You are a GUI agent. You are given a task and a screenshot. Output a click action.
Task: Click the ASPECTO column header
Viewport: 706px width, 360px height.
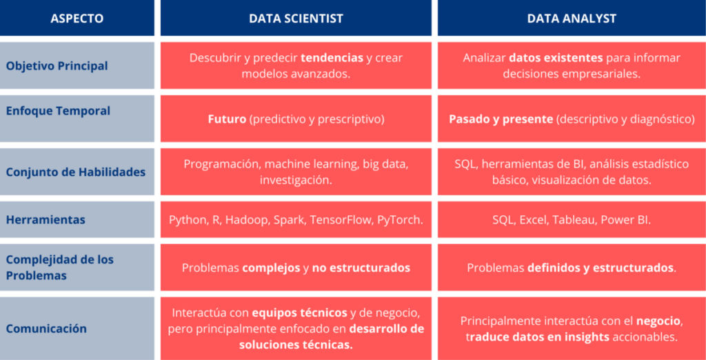[77, 19]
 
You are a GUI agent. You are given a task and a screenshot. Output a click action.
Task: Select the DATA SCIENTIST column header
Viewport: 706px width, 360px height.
[296, 19]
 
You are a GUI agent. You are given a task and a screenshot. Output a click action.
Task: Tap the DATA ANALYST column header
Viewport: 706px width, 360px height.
[572, 19]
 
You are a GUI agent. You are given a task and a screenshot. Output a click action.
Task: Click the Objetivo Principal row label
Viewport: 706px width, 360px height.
[57, 66]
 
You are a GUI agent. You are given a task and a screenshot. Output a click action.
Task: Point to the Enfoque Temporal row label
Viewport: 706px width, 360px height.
[58, 110]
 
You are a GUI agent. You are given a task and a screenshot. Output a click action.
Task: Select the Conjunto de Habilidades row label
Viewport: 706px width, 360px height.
[76, 172]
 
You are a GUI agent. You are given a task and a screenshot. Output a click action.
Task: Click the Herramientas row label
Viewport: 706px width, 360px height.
[46, 220]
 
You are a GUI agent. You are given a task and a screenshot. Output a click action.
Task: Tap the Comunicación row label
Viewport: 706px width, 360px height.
[46, 328]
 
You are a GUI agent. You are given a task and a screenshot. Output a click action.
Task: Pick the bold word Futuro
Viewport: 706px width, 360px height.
[227, 119]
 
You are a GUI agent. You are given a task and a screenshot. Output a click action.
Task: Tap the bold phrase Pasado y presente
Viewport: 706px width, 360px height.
[501, 119]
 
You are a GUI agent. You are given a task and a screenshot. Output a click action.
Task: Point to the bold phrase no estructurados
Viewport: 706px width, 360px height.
[361, 268]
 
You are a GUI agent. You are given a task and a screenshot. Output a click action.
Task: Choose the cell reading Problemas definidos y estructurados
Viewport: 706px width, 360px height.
[572, 268]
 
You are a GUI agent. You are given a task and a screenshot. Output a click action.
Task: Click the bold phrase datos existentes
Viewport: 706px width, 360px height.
[556, 58]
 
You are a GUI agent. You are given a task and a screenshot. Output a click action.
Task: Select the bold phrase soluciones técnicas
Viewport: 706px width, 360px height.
[296, 344]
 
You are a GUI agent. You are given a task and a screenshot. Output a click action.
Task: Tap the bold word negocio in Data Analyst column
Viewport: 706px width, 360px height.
[658, 321]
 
